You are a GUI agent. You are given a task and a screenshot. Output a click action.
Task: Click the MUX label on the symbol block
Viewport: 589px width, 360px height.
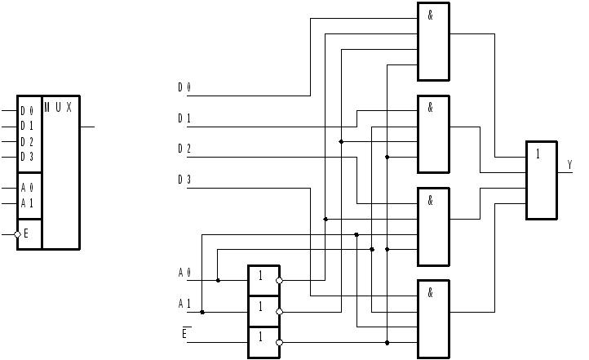tap(58, 108)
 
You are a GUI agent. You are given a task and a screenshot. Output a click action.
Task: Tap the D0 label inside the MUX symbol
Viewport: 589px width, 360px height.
tap(27, 111)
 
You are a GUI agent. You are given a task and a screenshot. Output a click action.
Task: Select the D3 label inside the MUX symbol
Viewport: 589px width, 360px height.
tap(27, 157)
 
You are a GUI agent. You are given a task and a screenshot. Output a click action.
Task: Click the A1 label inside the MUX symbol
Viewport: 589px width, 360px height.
tap(27, 202)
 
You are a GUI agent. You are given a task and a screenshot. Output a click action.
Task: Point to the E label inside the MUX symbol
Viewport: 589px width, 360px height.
tap(26, 234)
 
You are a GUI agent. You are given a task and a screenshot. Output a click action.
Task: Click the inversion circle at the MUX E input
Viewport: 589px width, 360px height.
tap(17, 234)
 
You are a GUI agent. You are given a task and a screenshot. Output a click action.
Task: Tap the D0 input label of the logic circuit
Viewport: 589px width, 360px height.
tap(184, 87)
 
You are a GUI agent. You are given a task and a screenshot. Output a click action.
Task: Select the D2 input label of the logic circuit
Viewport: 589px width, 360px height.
tap(184, 149)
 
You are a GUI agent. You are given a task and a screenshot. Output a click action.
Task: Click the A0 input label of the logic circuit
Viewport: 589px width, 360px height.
tap(184, 272)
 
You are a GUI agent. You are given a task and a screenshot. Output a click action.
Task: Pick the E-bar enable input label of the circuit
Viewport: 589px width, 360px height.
tap(186, 333)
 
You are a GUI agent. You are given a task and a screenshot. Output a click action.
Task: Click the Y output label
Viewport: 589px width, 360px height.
tap(569, 165)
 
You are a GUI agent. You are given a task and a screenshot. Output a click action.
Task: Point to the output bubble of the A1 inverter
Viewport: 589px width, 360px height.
tap(279, 312)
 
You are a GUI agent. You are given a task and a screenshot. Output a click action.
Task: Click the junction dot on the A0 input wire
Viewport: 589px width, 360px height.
tap(218, 281)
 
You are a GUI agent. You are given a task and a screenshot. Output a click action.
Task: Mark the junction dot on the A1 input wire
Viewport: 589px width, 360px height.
tap(202, 312)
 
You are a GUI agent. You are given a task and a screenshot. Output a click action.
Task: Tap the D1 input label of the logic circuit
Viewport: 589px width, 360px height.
tap(184, 118)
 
